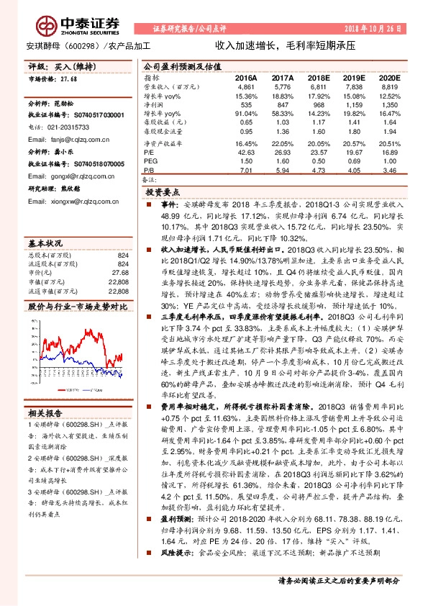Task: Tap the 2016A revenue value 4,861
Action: pyautogui.click(x=246, y=86)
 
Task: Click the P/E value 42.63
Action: pyautogui.click(x=246, y=153)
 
